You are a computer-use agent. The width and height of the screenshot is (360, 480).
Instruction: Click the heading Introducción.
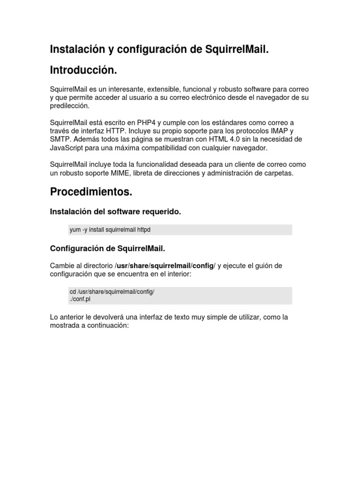83,70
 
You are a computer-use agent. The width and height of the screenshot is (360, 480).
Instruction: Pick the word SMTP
59,140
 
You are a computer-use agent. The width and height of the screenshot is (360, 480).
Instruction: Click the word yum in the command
75,230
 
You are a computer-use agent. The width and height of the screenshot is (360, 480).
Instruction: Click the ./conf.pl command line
81,300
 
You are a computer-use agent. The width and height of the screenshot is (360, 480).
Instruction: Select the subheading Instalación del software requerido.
115,212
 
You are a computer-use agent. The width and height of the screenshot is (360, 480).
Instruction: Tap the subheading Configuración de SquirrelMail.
107,248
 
